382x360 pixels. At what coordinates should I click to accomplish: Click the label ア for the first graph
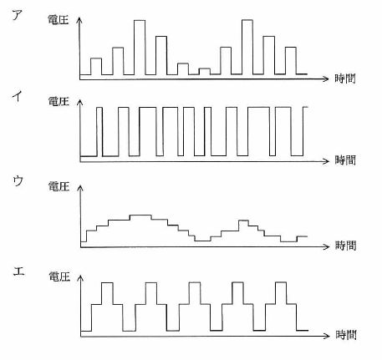tap(18, 14)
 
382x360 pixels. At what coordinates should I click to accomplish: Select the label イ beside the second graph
tap(18, 96)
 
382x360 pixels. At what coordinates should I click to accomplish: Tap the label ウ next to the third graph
tap(18, 181)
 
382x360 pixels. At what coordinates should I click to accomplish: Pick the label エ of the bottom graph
tap(19, 271)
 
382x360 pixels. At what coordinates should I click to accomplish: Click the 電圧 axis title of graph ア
tap(59, 20)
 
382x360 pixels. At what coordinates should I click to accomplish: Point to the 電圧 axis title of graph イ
tap(59, 101)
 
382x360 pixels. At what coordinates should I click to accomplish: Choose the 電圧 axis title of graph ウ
tap(59, 186)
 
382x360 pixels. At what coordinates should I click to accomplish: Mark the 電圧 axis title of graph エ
tap(59, 276)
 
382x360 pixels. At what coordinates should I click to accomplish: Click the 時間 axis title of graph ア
tap(345, 79)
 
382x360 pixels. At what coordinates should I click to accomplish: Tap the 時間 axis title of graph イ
tap(345, 160)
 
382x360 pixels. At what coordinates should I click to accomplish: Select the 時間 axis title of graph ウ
tap(346, 246)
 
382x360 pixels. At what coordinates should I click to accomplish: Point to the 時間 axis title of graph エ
tap(346, 335)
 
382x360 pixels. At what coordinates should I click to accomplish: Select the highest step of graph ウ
tap(140, 215)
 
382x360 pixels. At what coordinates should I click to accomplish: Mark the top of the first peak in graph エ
tap(107, 283)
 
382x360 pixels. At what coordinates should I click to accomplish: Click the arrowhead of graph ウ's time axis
tap(326, 246)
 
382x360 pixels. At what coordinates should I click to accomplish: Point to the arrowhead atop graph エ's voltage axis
tap(81, 278)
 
